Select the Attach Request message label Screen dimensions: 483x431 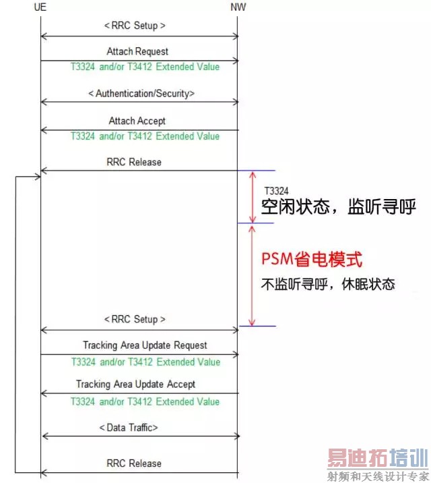click(x=137, y=51)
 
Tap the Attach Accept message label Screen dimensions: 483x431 click(x=137, y=121)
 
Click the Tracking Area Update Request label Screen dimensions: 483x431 click(x=145, y=345)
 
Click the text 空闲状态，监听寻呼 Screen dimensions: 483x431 click(x=338, y=209)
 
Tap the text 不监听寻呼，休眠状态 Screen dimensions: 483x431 click(x=327, y=284)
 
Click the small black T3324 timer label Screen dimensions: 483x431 click(x=276, y=192)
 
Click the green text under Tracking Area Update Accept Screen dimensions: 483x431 click(x=145, y=401)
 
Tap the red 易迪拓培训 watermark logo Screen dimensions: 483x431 click(x=377, y=459)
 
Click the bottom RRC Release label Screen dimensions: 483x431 click(x=134, y=463)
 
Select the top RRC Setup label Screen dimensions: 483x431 click(x=135, y=26)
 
